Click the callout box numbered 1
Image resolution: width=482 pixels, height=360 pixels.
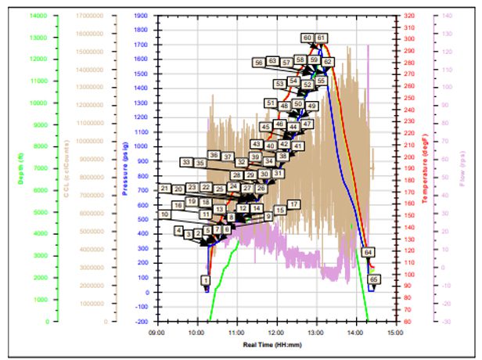206,279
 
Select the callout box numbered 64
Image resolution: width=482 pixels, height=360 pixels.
368,252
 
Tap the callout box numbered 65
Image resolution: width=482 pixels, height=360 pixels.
373,279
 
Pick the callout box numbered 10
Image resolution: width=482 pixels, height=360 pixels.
164,214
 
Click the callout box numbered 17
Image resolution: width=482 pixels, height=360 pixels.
293,204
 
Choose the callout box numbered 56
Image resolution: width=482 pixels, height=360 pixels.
258,62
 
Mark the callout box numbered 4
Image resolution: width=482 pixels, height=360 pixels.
179,231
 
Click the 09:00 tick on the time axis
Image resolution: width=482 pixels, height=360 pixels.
156,331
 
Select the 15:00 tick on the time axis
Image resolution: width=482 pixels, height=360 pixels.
396,331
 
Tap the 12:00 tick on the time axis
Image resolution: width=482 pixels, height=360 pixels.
276,331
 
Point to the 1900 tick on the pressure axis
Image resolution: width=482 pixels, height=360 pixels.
143,15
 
